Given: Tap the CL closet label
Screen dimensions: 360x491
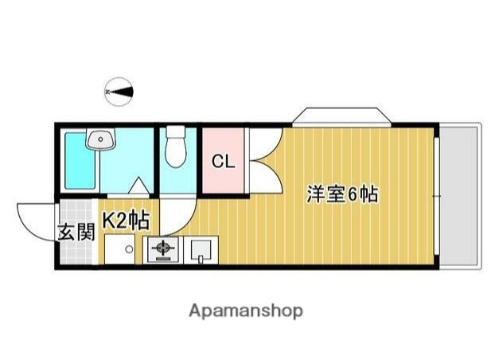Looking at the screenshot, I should pos(224,162).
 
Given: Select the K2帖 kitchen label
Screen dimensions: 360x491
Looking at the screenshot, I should pos(124,221).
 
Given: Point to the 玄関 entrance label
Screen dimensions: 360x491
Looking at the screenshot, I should pos(76,233).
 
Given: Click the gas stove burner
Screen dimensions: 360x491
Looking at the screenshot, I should pos(163,251).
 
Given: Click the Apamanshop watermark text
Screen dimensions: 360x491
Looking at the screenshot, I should pos(245,311).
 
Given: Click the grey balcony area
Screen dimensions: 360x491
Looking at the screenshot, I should pos(461,195).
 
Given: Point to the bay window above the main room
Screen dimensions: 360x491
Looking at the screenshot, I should pos(341,117).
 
